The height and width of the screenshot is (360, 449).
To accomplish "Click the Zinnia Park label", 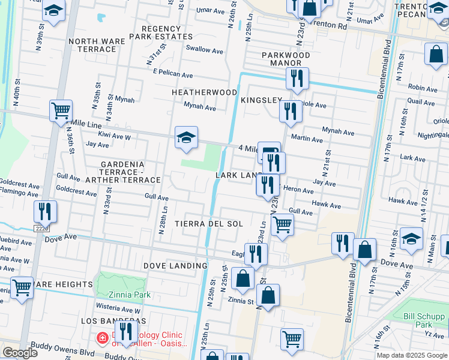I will pos(130,295).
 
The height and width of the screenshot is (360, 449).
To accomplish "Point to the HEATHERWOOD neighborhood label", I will pos(204,92).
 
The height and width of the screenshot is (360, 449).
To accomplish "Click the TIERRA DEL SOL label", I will pos(209,224).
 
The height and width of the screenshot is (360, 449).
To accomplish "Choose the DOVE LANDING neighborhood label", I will pos(175,265).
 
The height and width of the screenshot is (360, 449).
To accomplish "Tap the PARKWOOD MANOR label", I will pos(286,59).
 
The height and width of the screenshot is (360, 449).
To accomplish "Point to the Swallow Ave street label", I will pos(204,49).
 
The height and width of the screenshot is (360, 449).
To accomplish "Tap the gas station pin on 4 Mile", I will pos(269,152).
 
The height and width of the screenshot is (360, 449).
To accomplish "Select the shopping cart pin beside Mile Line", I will pos(61,111).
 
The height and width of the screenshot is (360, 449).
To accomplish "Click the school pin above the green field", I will pos(186,137).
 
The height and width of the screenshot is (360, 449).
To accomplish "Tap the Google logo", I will pos(20,353).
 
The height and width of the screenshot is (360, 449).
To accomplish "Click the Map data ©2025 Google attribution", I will pos(411,355).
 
